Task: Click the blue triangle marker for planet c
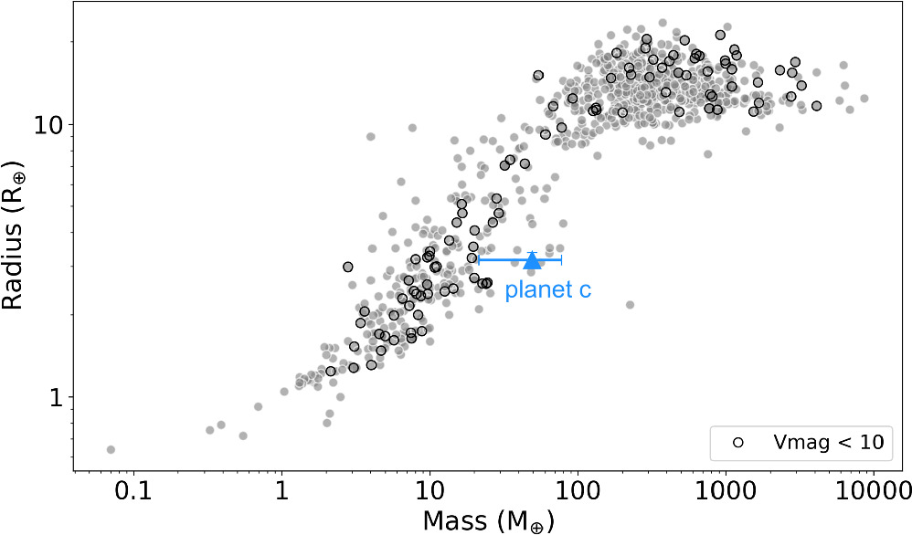pos(533,261)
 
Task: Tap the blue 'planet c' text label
pos(548,291)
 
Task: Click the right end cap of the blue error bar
pos(561,260)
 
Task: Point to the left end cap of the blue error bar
pos(479,260)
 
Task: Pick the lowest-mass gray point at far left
pos(111,449)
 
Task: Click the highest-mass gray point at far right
pos(864,99)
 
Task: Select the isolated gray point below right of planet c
pos(630,304)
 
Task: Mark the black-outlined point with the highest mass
pos(816,106)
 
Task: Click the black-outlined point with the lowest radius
pos(331,371)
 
